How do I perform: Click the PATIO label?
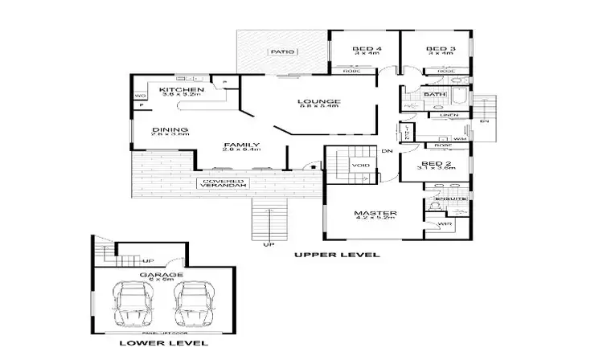(281, 51)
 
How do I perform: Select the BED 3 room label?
(441, 49)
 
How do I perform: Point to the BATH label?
(434, 94)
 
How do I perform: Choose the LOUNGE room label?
(320, 101)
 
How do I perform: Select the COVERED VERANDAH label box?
(224, 183)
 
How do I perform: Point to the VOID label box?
(360, 165)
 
